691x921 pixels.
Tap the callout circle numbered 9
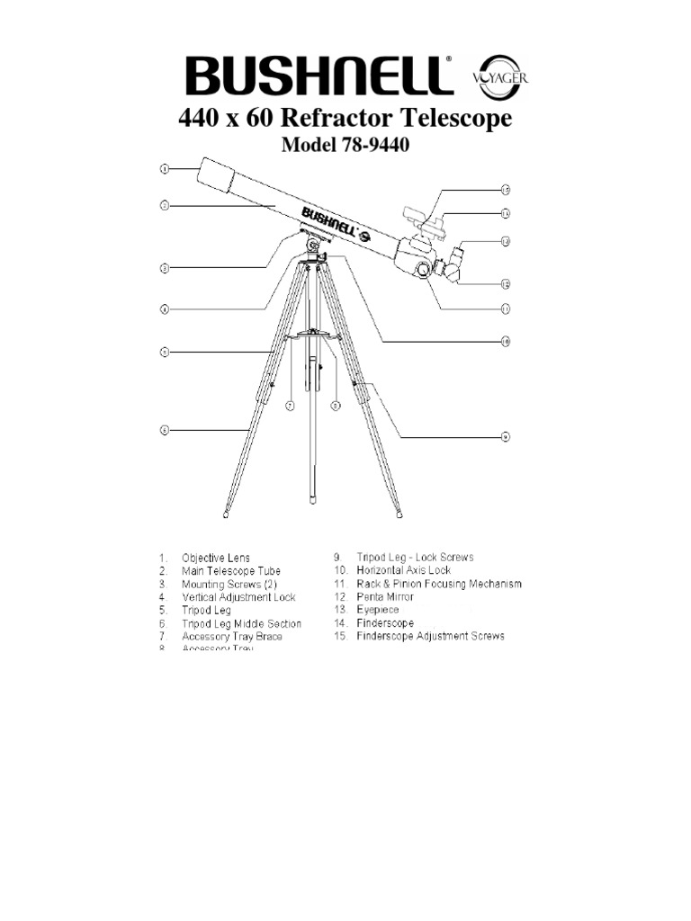click(x=506, y=437)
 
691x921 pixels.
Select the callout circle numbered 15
click(x=506, y=190)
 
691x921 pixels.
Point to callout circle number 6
click(x=165, y=431)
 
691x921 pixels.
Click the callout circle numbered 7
click(x=291, y=406)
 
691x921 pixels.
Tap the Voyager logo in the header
click(x=499, y=76)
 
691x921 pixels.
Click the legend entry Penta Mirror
click(x=387, y=596)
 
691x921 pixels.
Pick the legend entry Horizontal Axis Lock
click(x=403, y=570)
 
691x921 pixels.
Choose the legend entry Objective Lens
click(x=216, y=558)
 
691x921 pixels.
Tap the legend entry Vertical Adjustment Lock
click(x=238, y=597)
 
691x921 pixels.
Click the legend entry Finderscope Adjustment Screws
click(x=430, y=636)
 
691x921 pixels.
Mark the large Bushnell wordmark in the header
click(x=319, y=76)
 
